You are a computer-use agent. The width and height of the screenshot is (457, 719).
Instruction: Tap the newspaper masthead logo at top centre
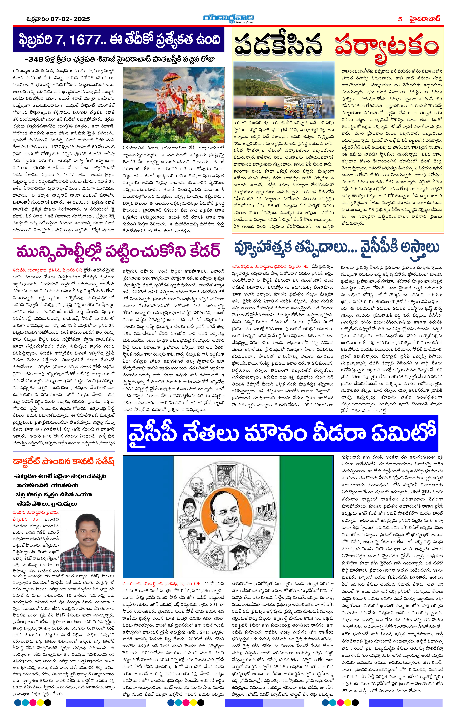pyautogui.click(x=228, y=18)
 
